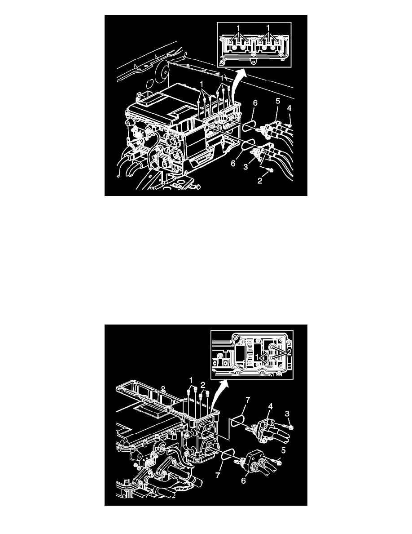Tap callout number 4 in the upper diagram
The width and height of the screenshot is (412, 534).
(x=289, y=108)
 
